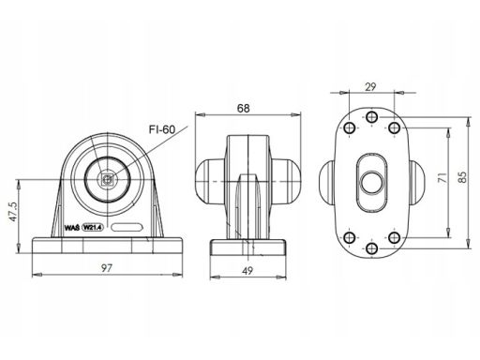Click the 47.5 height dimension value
pos(13,212)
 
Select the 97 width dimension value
pos(107,268)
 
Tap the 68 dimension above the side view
pos(244,108)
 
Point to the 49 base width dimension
pos(247,271)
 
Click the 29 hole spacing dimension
pos(370,86)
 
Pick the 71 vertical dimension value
pos(442,177)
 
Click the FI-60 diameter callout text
pos(162,129)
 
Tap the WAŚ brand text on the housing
pos(71,228)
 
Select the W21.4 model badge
pos(93,228)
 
